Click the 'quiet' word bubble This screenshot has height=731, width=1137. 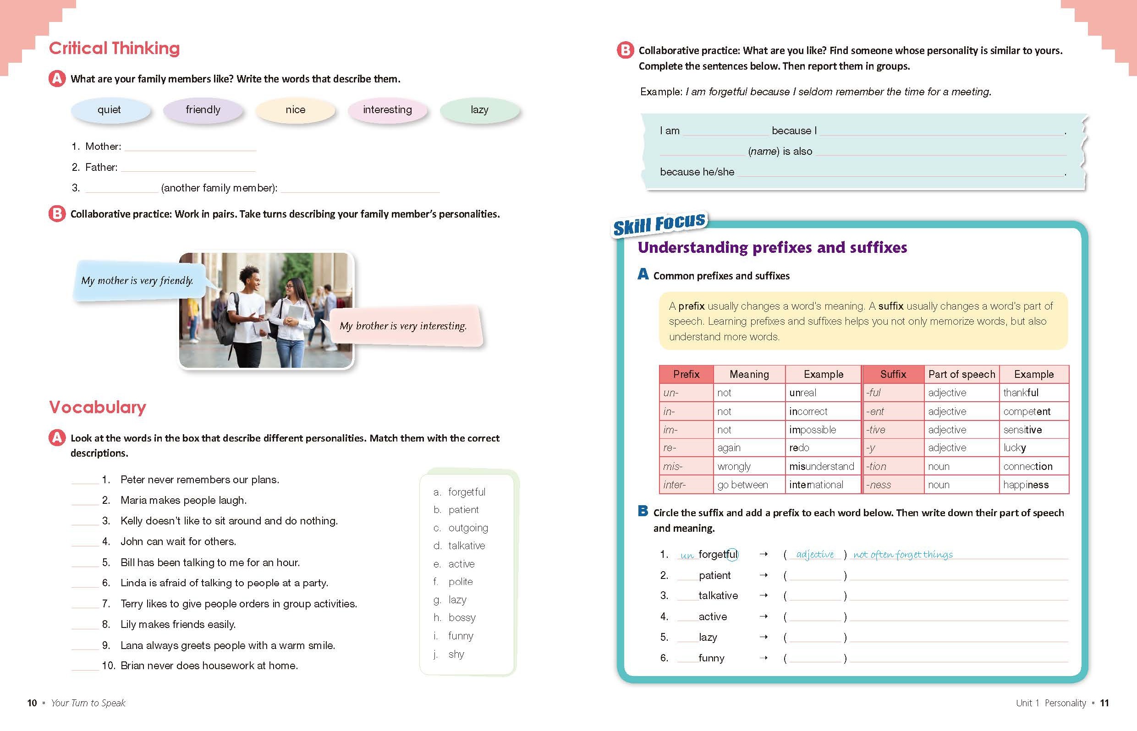click(x=110, y=110)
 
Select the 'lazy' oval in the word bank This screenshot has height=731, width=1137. click(x=479, y=110)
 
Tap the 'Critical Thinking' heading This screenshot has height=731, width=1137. click(x=114, y=49)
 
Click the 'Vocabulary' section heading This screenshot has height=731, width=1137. click(x=97, y=407)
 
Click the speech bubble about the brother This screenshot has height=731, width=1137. click(x=403, y=326)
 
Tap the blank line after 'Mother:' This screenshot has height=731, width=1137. click(x=190, y=147)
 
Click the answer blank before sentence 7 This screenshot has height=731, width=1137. click(x=85, y=604)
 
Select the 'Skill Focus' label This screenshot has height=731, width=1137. click(x=659, y=224)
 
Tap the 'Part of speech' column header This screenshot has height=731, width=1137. click(x=961, y=375)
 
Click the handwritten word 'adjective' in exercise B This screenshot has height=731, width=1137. click(x=815, y=554)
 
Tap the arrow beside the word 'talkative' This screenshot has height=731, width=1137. click(x=763, y=596)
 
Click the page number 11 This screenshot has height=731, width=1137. click(x=1104, y=703)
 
